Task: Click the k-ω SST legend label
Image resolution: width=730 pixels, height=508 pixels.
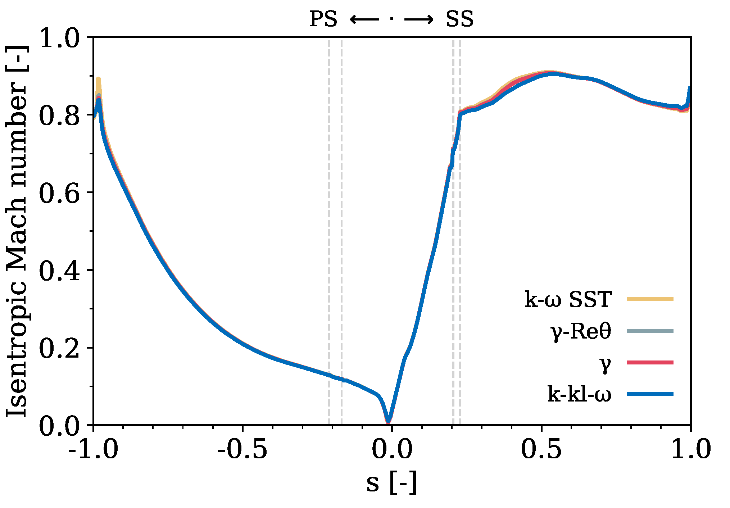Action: click(568, 299)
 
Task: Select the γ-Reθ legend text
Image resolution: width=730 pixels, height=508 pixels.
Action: click(581, 331)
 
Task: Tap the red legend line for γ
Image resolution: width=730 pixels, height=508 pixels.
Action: click(650, 362)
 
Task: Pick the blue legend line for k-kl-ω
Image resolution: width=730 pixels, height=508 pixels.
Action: click(650, 394)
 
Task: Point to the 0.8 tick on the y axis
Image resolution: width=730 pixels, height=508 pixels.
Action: click(59, 115)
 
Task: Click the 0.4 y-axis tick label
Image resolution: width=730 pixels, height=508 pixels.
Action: click(59, 271)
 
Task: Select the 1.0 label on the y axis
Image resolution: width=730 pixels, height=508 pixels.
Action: click(59, 38)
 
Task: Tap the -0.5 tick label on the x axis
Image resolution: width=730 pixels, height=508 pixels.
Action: click(242, 449)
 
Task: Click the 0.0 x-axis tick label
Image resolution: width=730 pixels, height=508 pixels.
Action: click(392, 449)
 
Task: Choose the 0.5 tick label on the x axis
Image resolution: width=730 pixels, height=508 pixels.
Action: click(541, 449)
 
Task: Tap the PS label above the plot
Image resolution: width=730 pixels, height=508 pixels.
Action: click(323, 19)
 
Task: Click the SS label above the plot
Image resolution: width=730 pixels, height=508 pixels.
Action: click(459, 19)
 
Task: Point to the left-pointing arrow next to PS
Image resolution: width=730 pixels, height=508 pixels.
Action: click(364, 19)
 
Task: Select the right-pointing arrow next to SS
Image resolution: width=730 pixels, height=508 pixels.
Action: click(419, 19)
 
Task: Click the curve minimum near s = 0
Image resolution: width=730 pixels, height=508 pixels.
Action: click(388, 421)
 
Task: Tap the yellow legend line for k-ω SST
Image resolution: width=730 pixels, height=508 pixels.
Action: click(650, 299)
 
